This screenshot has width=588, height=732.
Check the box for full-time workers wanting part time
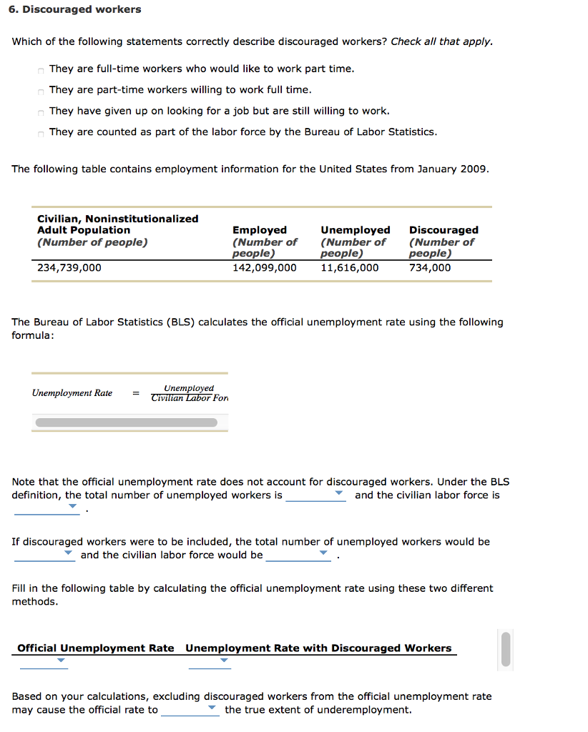click(41, 70)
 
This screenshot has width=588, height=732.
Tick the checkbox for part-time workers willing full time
click(41, 91)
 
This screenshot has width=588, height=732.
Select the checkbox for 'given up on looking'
click(41, 112)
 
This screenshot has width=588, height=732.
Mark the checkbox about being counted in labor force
click(41, 133)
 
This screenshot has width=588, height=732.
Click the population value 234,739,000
click(69, 268)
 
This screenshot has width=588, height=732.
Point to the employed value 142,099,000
click(264, 268)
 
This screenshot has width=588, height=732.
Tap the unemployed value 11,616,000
click(350, 268)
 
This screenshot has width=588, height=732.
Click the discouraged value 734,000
click(430, 268)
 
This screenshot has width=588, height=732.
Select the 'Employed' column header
click(260, 230)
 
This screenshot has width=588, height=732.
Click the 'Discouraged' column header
click(444, 230)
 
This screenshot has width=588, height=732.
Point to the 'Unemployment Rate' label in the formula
click(72, 393)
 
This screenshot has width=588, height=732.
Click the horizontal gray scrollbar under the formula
click(126, 422)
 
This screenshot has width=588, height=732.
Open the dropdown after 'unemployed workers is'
click(315, 495)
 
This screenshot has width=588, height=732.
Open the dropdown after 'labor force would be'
click(298, 555)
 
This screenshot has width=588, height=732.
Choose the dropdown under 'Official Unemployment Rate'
click(44, 662)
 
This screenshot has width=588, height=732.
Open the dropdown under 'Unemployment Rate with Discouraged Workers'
click(210, 662)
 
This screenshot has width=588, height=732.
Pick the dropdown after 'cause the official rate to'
click(190, 710)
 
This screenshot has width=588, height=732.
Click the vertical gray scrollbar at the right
click(506, 649)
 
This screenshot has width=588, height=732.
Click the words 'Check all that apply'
click(441, 41)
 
